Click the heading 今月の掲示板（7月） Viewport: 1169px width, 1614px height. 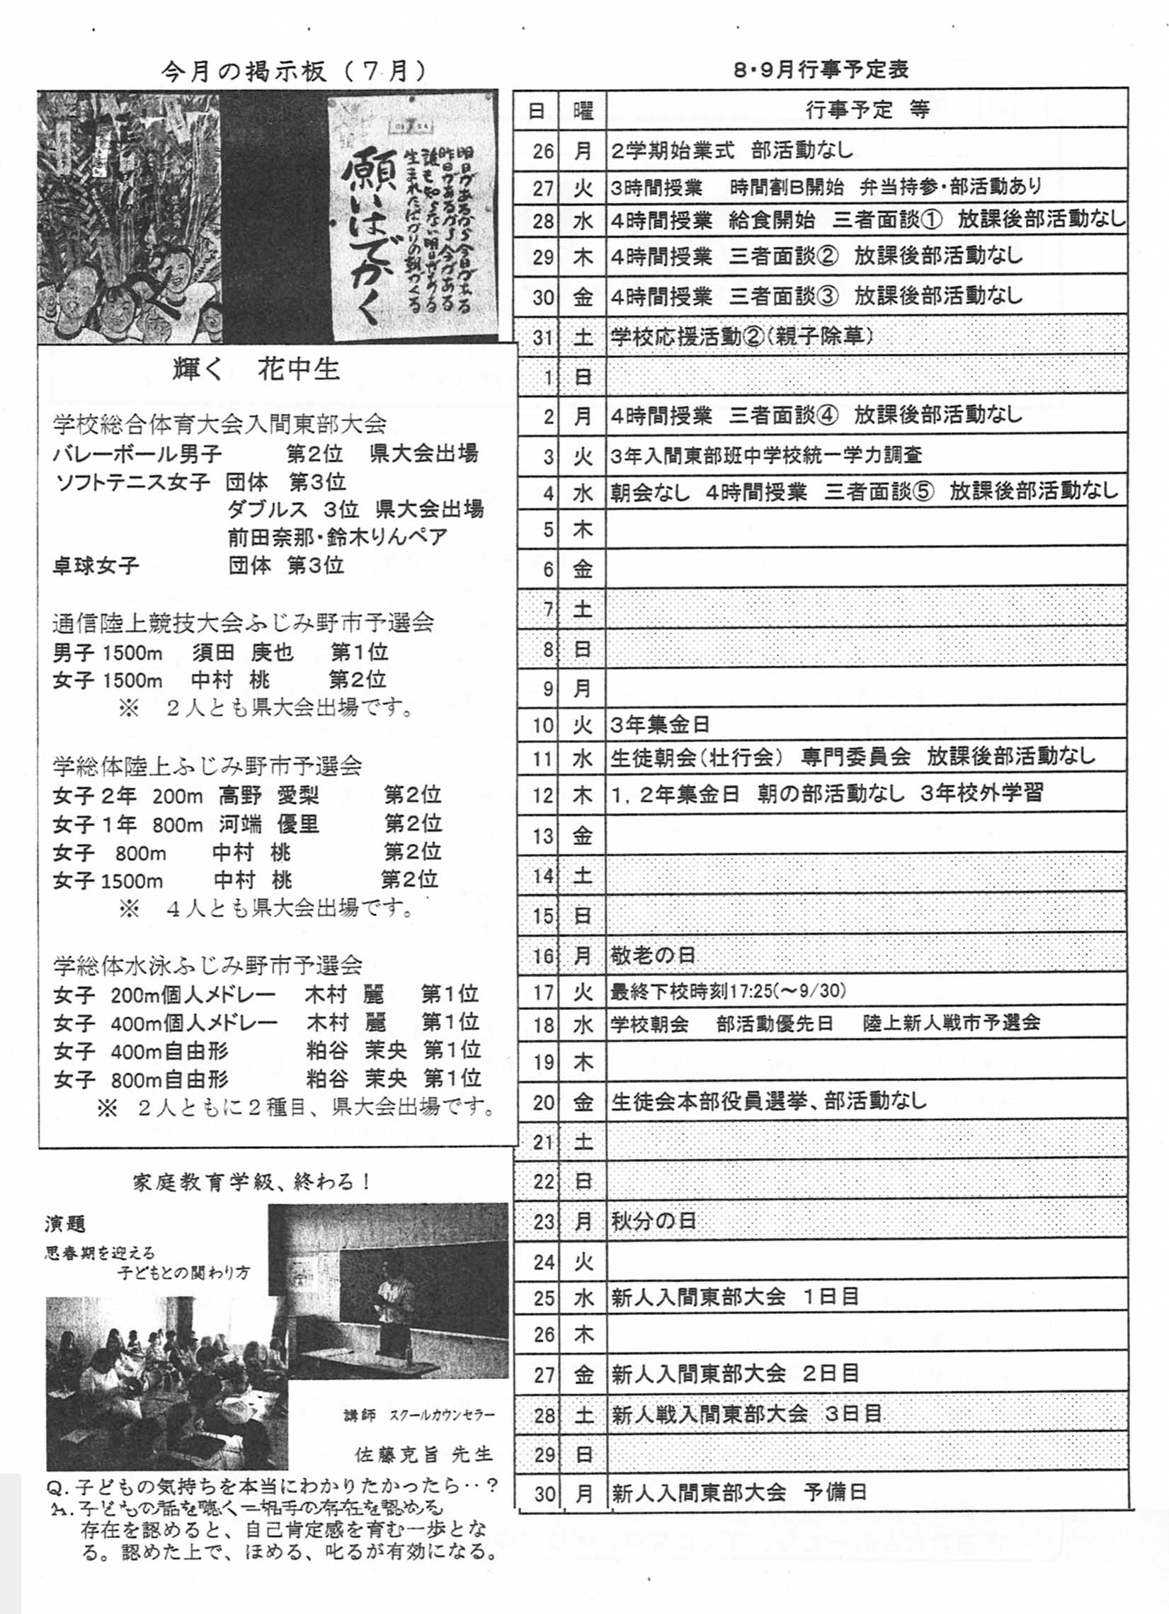(x=293, y=71)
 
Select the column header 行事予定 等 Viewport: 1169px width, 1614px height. (x=867, y=110)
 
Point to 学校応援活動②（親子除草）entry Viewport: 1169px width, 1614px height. (x=741, y=336)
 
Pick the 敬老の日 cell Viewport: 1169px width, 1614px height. (x=653, y=955)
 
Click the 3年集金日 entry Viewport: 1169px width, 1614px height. (x=660, y=724)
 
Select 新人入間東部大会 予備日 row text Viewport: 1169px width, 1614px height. (x=739, y=1492)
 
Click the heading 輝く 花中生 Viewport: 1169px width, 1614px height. (x=256, y=370)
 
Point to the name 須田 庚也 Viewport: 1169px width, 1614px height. (x=243, y=652)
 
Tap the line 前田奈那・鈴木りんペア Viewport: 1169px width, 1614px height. (x=338, y=537)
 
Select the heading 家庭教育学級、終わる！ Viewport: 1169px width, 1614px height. (x=252, y=1182)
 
